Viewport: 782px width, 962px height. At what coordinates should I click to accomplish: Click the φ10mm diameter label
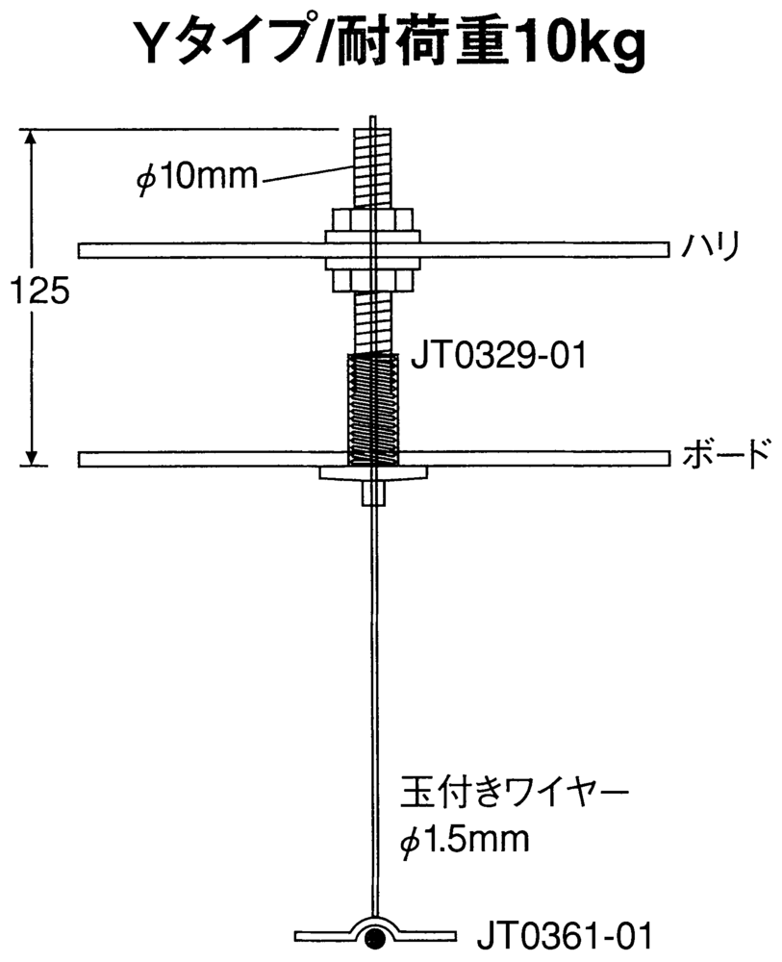(x=196, y=178)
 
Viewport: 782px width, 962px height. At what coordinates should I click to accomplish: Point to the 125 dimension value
(x=39, y=291)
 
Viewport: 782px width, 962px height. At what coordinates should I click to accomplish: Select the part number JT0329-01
(x=498, y=356)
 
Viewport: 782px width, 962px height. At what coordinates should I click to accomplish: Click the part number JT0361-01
(x=565, y=936)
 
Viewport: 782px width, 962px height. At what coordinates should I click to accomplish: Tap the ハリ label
(x=712, y=245)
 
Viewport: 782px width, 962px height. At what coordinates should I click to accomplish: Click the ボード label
(x=725, y=455)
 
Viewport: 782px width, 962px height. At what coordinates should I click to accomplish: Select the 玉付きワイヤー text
(x=514, y=794)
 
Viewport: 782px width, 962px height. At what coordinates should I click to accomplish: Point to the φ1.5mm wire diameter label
(x=465, y=840)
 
